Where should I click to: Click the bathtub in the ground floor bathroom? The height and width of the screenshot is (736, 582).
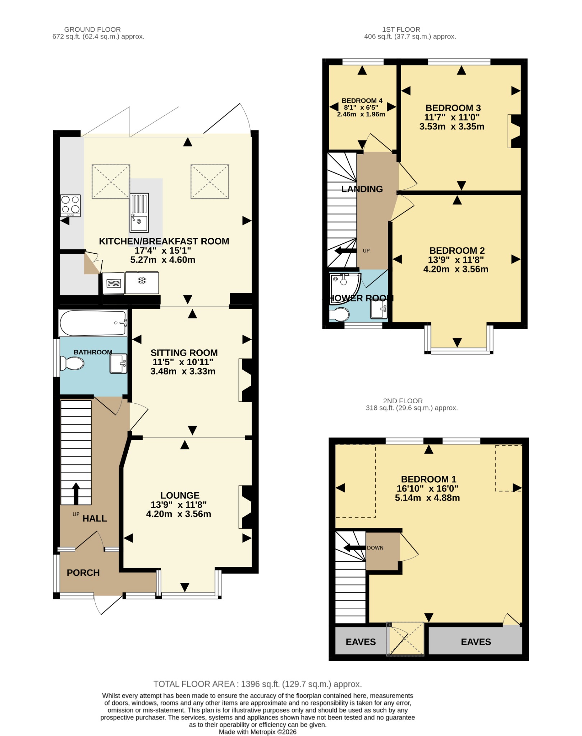point(93,323)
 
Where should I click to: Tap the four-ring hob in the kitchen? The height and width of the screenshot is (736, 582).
point(70,206)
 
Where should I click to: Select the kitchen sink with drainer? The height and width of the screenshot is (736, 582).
point(139,213)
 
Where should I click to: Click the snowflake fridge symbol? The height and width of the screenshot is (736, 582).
point(142,280)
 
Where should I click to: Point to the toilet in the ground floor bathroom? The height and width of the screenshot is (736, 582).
point(72,363)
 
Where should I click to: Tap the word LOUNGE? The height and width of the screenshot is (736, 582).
point(180,495)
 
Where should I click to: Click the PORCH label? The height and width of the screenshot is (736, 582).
point(83,572)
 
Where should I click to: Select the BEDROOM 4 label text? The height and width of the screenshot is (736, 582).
point(362,101)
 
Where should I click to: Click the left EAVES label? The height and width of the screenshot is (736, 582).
point(361,642)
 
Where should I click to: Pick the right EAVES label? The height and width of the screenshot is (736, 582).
point(476,642)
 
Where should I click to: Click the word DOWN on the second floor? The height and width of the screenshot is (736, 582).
point(375,548)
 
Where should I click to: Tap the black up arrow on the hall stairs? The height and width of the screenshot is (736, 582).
point(76,493)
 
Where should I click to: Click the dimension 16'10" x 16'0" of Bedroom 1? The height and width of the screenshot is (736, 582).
point(427,488)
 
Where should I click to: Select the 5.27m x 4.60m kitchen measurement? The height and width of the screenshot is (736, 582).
point(163,260)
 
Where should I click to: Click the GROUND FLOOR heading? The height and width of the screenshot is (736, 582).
point(92,29)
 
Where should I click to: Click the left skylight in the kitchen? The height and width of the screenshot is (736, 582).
point(111,181)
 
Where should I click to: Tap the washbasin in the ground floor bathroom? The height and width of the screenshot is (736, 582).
point(119,364)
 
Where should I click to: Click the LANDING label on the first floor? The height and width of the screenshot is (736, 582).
point(362,189)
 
